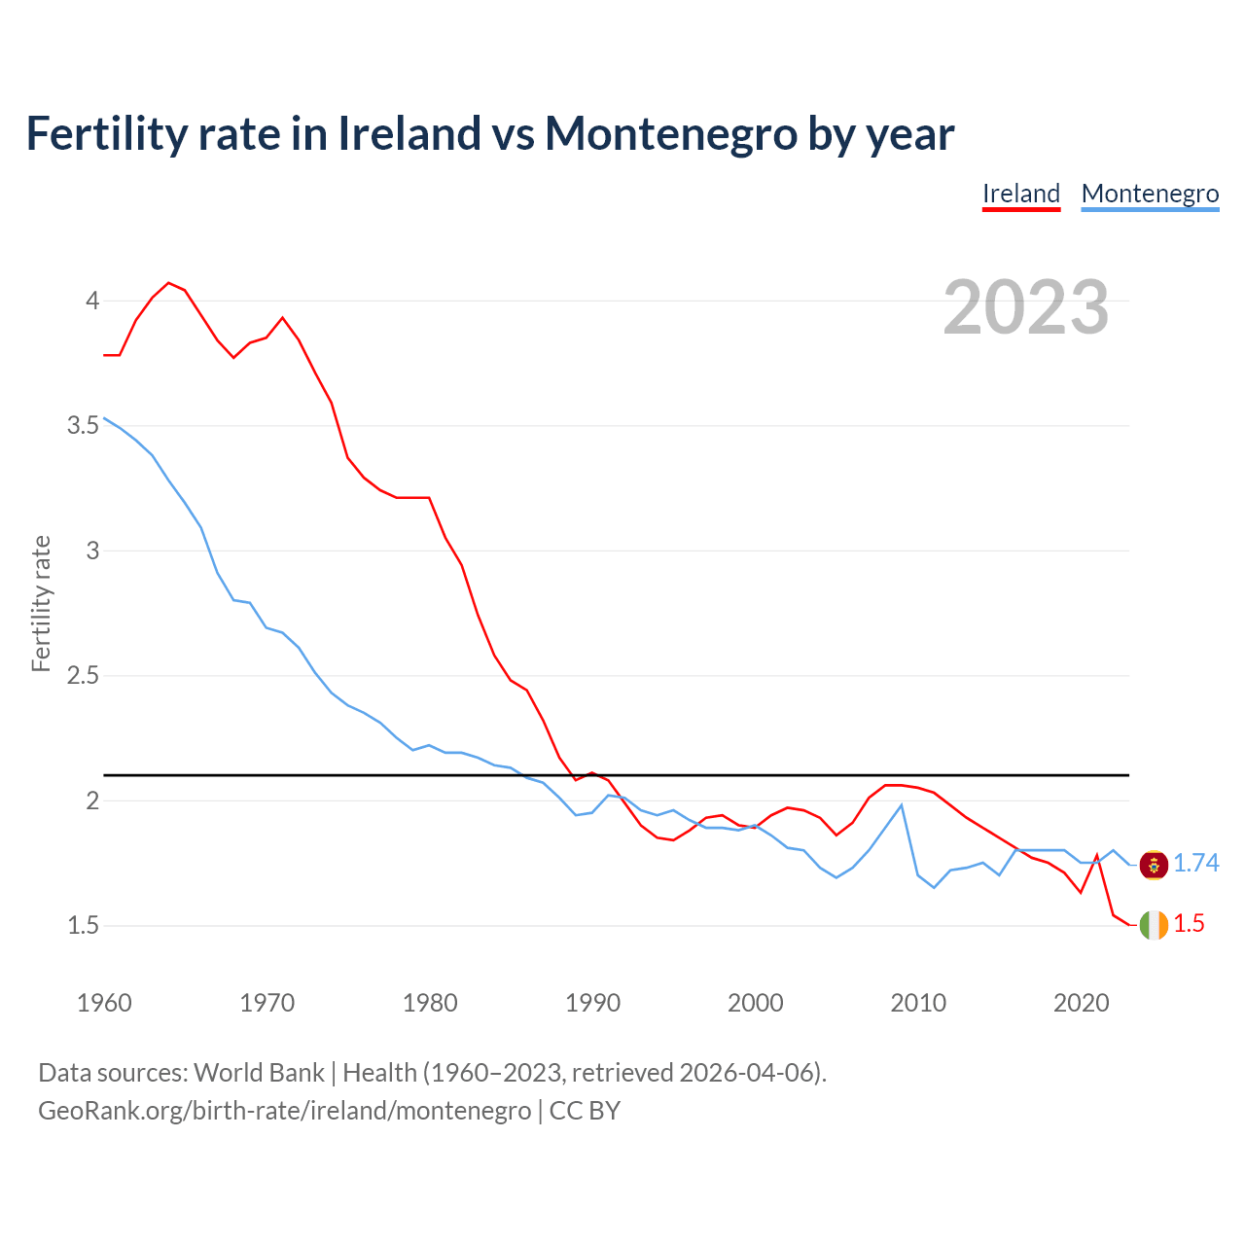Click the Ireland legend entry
(1020, 194)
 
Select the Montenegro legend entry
(1150, 194)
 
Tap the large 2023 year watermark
(1025, 307)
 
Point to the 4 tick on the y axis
(92, 301)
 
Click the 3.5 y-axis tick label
(84, 426)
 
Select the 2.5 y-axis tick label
(84, 676)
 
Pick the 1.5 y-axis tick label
(84, 926)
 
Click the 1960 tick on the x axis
(104, 1003)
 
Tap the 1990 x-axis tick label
(592, 1003)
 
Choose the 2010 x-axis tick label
(918, 1003)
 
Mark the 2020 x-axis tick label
(1081, 1003)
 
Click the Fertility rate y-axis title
(41, 603)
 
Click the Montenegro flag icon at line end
(1154, 864)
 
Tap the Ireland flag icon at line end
(1154, 924)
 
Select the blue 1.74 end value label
(1195, 864)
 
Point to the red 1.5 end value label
(1189, 924)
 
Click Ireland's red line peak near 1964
(169, 283)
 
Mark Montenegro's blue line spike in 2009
(902, 805)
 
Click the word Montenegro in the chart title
(671, 133)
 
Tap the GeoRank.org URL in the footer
(284, 1111)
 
